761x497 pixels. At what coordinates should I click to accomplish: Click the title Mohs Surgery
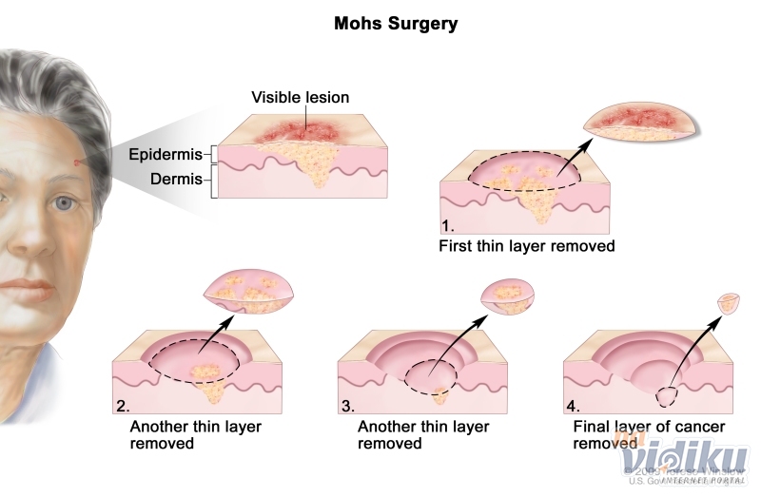tap(396, 23)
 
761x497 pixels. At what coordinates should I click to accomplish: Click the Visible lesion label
tap(300, 97)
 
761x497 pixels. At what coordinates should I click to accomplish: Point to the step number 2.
tap(123, 406)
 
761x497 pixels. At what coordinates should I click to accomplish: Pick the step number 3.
tap(348, 406)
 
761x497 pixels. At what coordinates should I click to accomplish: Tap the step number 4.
tap(573, 406)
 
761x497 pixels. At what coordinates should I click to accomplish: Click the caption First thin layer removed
tap(526, 246)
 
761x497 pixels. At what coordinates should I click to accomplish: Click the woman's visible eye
tap(64, 202)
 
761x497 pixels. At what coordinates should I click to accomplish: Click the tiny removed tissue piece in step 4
tap(728, 302)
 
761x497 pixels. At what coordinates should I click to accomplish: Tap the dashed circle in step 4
tap(665, 392)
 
